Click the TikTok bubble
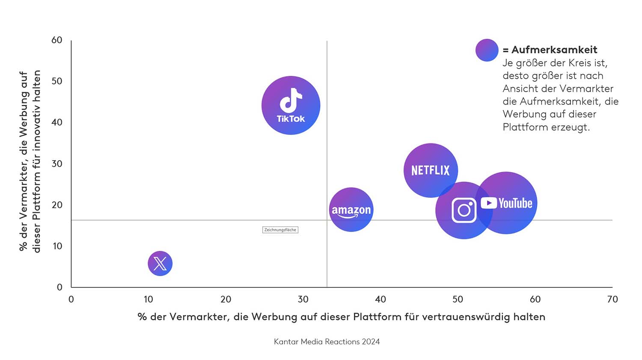[291, 105]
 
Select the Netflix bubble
[431, 170]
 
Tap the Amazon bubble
[351, 210]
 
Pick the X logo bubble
[160, 263]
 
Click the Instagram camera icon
[464, 210]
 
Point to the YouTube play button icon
[489, 203]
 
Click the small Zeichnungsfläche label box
[280, 230]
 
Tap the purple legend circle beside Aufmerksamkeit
[487, 50]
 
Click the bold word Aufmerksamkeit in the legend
[554, 50]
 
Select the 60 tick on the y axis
[57, 40]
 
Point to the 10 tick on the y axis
[57, 246]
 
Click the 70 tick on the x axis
[612, 300]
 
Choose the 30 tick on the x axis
[303, 300]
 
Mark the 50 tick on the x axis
[458, 300]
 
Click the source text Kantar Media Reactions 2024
[327, 342]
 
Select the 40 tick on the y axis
[57, 122]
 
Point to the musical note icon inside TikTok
[291, 100]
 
